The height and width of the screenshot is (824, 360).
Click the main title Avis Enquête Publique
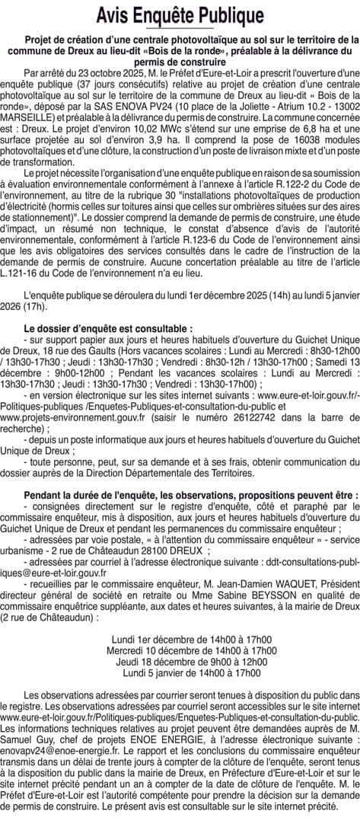tap(180, 14)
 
